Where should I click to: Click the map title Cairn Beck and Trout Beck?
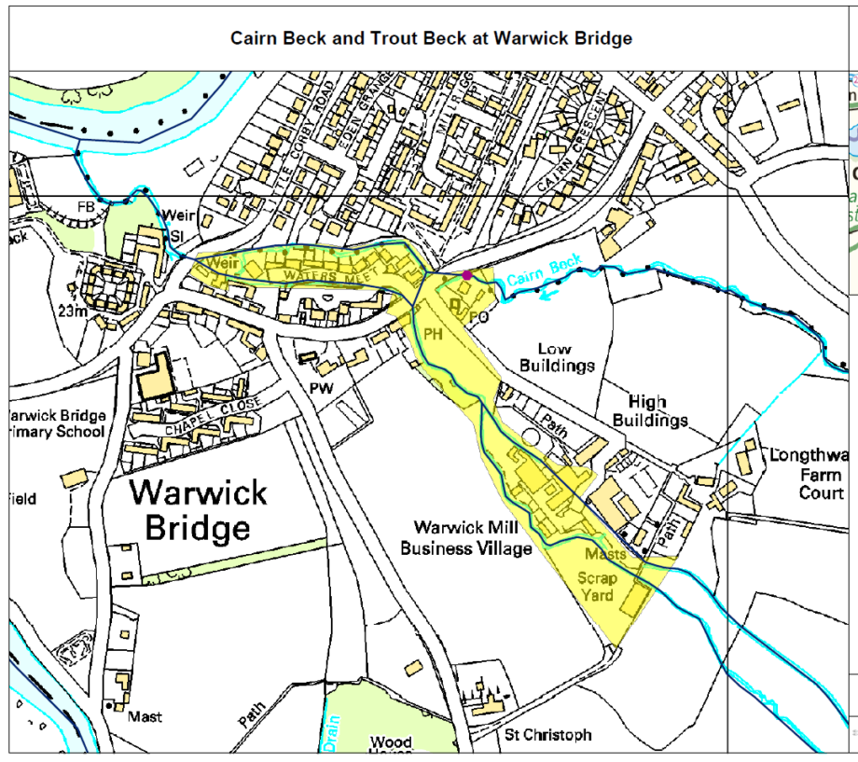click(432, 38)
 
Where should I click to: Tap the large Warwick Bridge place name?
click(197, 510)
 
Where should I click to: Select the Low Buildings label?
click(557, 357)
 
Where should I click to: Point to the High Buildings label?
click(650, 410)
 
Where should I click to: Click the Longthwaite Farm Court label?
click(808, 474)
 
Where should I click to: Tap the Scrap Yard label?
click(598, 586)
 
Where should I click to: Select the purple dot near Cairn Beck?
click(467, 274)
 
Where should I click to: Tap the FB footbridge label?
click(86, 205)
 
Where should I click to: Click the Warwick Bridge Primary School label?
click(56, 423)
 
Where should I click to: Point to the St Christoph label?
click(547, 735)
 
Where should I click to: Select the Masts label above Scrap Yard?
click(606, 555)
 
